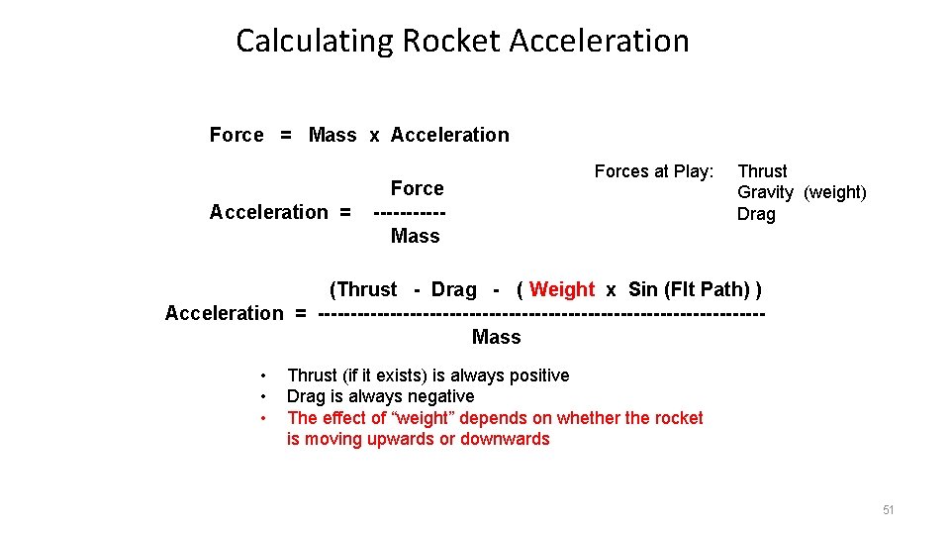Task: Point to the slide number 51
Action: [888, 510]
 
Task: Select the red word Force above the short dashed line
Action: [417, 188]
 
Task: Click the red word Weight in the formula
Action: [562, 289]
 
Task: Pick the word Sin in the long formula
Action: [642, 289]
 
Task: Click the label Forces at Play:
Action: [653, 171]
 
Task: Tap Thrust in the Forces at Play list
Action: [762, 171]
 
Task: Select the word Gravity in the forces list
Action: [765, 192]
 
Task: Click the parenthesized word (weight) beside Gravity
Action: [835, 192]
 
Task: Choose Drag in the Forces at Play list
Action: [756, 214]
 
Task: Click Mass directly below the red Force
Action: [415, 236]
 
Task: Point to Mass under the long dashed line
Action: [496, 337]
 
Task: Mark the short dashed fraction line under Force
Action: [409, 212]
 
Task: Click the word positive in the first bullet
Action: [535, 375]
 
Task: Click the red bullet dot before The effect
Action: [263, 418]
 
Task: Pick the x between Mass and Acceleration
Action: [374, 136]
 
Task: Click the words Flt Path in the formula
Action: [707, 289]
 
